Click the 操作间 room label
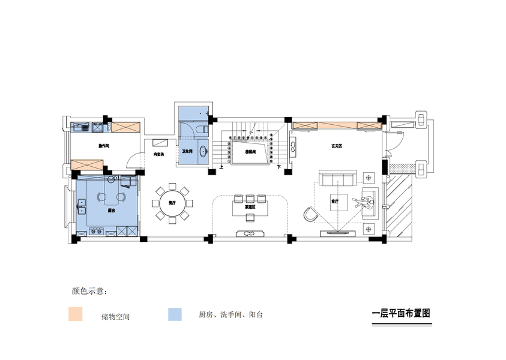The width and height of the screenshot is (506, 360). tap(103, 146)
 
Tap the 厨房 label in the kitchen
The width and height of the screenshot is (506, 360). tap(111, 211)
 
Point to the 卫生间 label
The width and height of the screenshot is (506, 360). tap(187, 152)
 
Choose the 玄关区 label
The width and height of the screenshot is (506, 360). tap(336, 146)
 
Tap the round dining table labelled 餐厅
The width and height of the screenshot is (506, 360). tap(172, 203)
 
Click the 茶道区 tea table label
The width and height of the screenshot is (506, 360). tap(250, 206)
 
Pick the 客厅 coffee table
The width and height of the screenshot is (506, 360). tap(336, 202)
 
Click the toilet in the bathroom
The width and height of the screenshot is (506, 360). tap(203, 128)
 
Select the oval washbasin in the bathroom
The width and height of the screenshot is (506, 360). tap(202, 151)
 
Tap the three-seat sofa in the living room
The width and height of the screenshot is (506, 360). tap(337, 178)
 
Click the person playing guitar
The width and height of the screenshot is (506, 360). tap(366, 202)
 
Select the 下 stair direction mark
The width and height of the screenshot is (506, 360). tap(279, 166)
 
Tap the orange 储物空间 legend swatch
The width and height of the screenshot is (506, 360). tap(75, 314)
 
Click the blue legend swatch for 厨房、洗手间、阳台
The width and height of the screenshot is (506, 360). tap(174, 314)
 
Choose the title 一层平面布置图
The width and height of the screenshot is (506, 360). tap(402, 313)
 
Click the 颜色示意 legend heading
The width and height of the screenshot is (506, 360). tap(89, 292)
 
